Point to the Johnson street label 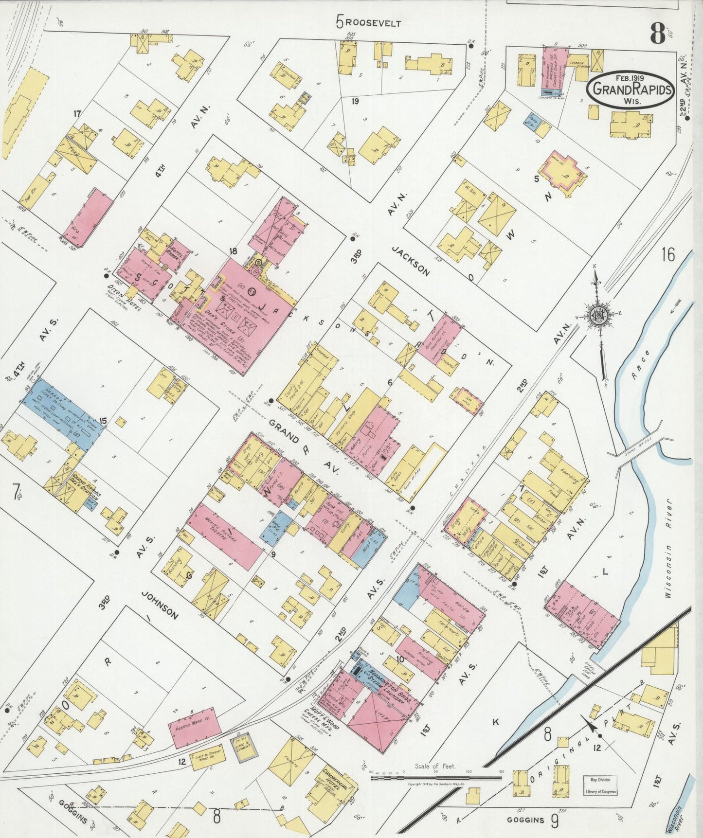coord(160,605)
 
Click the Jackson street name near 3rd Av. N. coord(411,260)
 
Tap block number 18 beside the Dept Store coord(234,251)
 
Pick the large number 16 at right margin coord(669,254)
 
